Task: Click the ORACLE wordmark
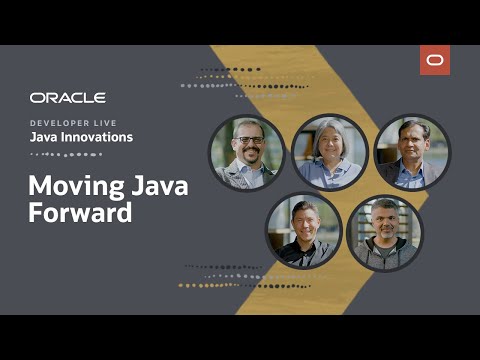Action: tap(67, 98)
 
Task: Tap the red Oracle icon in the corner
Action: tap(435, 61)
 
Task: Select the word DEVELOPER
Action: tap(61, 122)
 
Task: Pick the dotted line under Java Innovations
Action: tap(66, 154)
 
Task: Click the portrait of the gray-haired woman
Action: tap(330, 152)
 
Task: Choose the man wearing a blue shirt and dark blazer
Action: tap(412, 152)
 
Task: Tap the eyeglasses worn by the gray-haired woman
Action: tap(330, 141)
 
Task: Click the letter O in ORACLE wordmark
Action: tap(36, 98)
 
